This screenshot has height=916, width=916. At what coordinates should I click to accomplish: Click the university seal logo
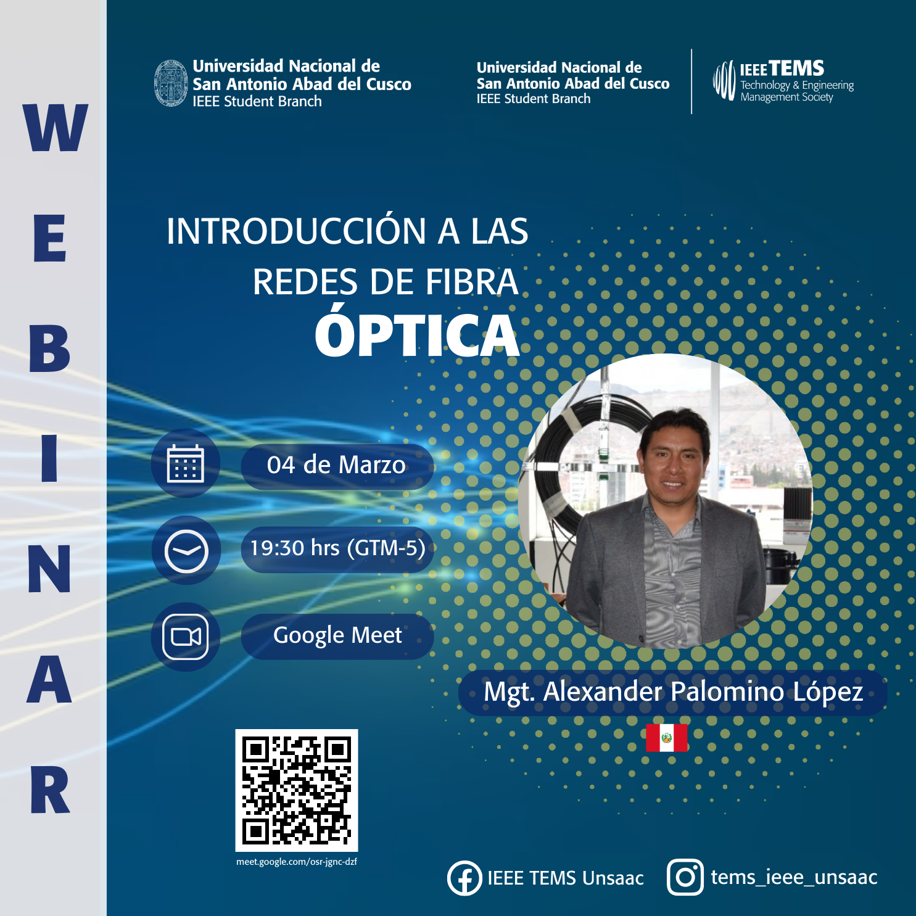171,83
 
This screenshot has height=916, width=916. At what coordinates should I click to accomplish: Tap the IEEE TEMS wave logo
724,81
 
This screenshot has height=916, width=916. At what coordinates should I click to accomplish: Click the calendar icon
185,463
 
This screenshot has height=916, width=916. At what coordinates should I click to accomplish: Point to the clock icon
186,551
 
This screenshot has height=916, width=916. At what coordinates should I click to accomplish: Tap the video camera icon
186,637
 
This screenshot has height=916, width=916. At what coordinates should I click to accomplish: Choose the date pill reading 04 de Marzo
337,466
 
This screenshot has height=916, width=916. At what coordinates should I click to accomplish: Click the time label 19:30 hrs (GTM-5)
337,548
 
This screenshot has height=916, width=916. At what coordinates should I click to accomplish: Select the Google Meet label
337,635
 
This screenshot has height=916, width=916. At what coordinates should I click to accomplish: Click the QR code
297,790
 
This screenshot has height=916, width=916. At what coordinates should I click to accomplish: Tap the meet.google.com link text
297,862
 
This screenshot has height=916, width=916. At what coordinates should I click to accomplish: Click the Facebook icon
464,878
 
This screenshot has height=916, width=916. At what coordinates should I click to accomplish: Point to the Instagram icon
685,877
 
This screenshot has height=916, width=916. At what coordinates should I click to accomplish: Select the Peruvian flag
667,738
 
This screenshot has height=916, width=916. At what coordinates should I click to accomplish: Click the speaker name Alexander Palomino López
703,692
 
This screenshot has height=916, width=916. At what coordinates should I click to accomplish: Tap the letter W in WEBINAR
55,128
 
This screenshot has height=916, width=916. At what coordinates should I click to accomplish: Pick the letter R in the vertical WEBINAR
50,790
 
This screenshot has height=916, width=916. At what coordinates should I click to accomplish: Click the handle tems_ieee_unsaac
794,878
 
